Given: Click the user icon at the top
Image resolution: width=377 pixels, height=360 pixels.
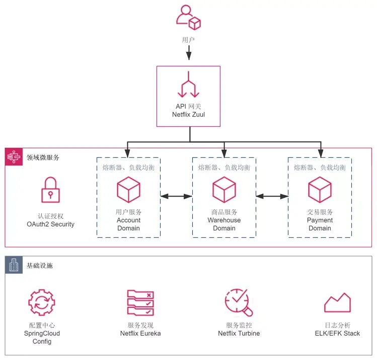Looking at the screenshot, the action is coord(188,18).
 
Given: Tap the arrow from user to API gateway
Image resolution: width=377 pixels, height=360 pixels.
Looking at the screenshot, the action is coord(189,53).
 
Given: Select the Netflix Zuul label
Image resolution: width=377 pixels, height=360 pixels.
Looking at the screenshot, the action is coord(188,115).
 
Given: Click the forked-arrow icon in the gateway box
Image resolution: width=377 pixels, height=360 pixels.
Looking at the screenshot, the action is coord(188,84).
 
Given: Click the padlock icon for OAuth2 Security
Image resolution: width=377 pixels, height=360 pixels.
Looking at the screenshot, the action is coord(50,190).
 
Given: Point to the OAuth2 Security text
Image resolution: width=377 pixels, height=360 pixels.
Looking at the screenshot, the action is coord(50,224).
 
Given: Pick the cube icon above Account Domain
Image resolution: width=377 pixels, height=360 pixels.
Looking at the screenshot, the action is coord(128,190).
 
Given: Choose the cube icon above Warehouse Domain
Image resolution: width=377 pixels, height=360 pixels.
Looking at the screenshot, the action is coord(224,190).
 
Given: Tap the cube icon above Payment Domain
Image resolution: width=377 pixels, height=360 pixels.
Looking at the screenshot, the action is coord(320,190).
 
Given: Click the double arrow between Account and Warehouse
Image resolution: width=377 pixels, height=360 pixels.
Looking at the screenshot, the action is coord(176,197).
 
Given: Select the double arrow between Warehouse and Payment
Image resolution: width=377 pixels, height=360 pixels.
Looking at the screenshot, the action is coord(272,197).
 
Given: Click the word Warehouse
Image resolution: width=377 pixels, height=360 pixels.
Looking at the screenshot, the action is coord(224,220).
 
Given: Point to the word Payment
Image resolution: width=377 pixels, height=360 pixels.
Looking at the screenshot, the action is coord(320,220).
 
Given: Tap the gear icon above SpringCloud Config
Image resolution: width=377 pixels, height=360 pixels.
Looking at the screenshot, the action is coord(42,302).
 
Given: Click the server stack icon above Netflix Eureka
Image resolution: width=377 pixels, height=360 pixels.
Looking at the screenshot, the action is coord(140,303).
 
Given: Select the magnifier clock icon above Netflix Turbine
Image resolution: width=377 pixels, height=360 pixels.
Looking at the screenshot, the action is coord(239,303).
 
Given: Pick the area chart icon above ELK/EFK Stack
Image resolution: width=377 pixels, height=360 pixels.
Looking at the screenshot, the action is coord(338,303).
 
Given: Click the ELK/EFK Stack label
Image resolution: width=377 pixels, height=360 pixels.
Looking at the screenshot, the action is coord(338,333).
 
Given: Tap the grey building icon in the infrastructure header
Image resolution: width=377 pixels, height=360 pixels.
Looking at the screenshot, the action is coord(14,265).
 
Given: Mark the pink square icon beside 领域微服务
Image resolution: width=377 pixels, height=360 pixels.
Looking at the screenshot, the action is coord(14,157).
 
